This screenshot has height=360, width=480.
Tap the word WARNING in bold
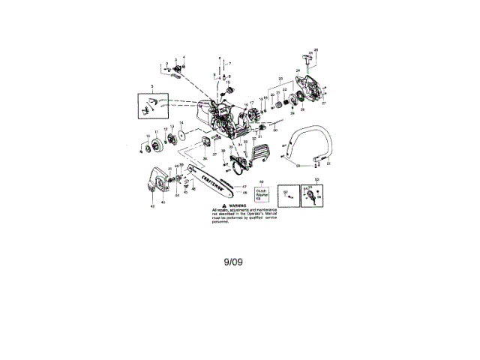coord(238,203)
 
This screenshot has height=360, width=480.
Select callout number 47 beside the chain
coord(244,186)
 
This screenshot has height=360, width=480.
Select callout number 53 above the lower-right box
coord(316,179)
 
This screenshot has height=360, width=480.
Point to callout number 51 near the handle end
coord(328,163)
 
